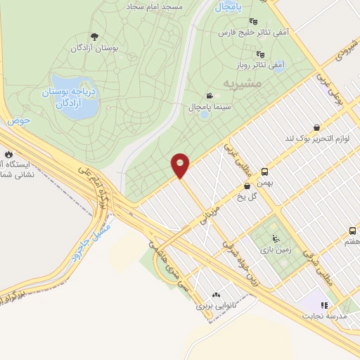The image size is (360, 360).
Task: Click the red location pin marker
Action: tap(181, 165)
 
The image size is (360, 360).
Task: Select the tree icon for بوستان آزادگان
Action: tap(95, 37)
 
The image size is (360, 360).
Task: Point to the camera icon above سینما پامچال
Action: tap(208, 96)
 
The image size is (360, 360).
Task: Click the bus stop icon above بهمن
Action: tap(265, 172)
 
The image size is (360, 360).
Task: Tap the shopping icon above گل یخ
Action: tap(247, 186)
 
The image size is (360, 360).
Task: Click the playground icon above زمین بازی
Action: tap(275, 238)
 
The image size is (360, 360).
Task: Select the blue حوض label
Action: tap(21, 121)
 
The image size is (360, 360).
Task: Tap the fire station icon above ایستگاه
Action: tap(8, 153)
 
